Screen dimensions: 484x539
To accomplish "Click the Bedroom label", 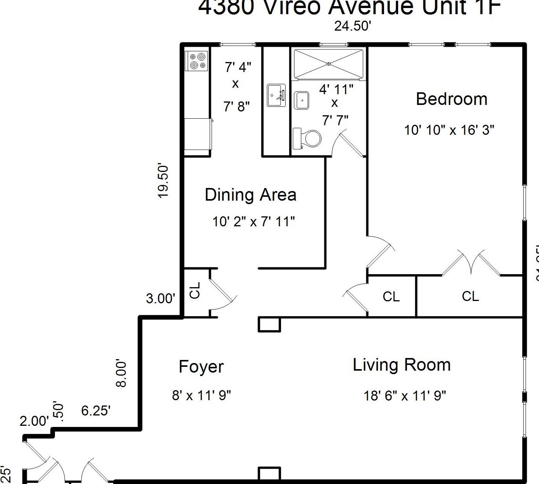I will pos(451,99).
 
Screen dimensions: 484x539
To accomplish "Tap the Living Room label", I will pos(402,365).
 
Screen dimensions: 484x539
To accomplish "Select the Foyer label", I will pos(201,366).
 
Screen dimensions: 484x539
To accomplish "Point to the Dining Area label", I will pos(250,195).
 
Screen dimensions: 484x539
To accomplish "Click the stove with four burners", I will pos(197,61).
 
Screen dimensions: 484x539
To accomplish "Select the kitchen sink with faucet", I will pos(276,95).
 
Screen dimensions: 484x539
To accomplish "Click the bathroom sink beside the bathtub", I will pos(302,100).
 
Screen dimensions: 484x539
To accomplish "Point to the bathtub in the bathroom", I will pos(328,64).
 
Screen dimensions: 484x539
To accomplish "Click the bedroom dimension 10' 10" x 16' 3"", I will pos(449,130).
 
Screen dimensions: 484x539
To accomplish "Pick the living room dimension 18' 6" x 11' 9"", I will pos(405,395).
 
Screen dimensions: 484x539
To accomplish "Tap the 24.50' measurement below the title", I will pos(353,26).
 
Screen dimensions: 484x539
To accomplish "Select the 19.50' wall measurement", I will pos(163,181).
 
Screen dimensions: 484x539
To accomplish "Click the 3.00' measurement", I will pos(160,298).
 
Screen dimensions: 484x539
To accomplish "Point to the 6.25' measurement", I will pos(96,410).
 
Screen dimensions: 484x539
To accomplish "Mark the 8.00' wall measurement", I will pos(121,373).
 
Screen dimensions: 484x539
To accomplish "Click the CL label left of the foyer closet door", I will pos(195,290).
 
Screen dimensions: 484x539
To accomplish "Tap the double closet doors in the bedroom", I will pos(470,263).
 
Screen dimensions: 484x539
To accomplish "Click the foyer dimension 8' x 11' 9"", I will pos(201,395).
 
